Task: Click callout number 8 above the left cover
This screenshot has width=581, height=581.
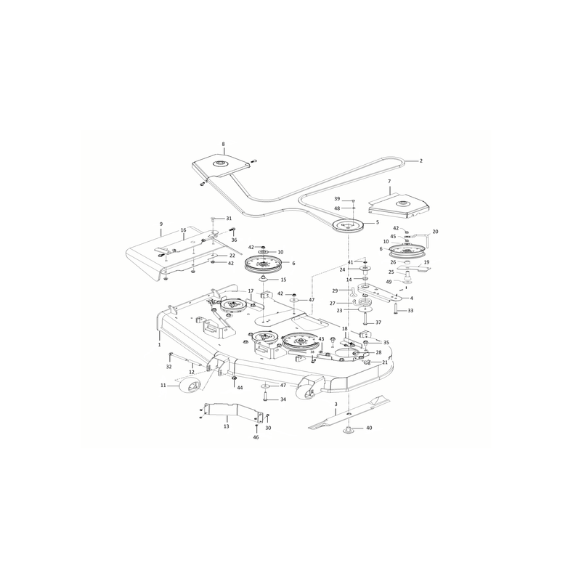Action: point(223,144)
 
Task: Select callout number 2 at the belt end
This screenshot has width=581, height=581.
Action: point(421,161)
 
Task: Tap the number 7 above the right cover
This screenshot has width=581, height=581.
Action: point(389,181)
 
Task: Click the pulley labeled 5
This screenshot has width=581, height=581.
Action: point(349,226)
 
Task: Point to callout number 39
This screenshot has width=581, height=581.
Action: point(337,199)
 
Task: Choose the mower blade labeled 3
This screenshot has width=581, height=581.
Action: point(349,413)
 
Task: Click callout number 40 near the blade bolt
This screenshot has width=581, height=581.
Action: point(369,428)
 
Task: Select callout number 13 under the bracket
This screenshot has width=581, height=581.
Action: point(227,426)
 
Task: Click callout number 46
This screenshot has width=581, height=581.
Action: point(256,437)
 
